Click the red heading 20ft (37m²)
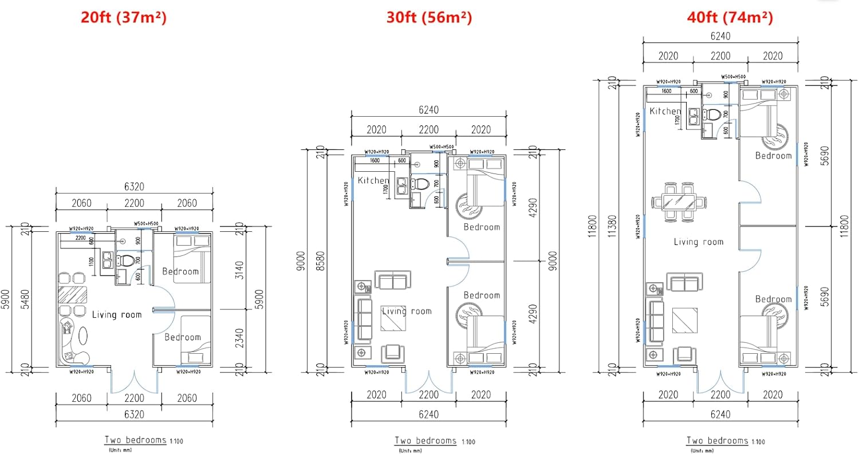pos(123,17)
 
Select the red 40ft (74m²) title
pos(730,17)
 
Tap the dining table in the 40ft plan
pos(679,202)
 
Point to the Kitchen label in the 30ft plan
pos(373,181)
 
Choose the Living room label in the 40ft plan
pos(698,242)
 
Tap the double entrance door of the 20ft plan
pos(134,381)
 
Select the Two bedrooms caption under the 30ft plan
pos(425,441)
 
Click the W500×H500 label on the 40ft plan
pos(733,77)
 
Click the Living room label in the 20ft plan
pos(116,314)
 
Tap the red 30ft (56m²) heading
pos(429,17)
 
